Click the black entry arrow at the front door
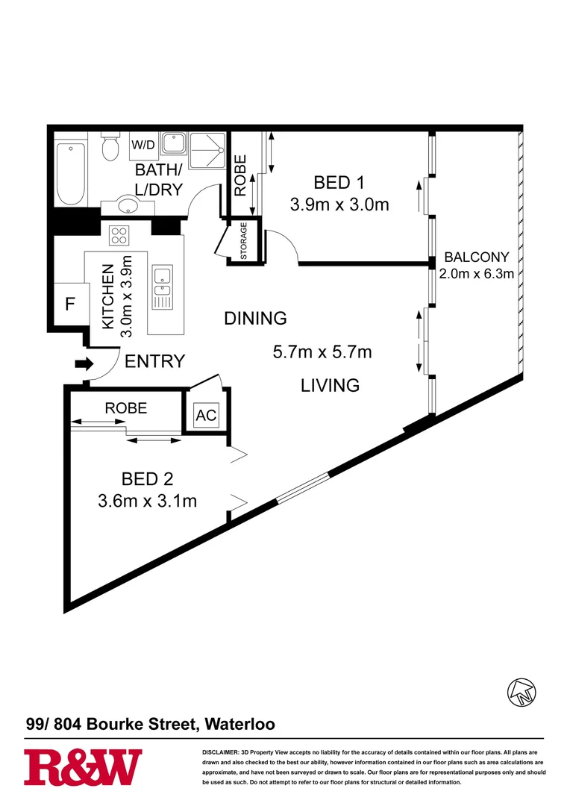84,364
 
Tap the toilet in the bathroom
110,146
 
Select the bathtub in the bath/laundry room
70,174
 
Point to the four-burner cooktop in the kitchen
119,235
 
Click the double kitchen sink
163,287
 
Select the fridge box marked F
70,304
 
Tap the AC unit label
206,415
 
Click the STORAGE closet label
244,240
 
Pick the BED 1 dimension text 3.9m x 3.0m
339,204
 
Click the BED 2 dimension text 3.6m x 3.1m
148,501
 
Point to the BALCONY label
477,257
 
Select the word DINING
255,318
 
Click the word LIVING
330,385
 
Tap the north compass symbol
522,692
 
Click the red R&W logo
84,768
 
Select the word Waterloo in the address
240,724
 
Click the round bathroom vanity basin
128,204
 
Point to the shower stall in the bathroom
207,151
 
